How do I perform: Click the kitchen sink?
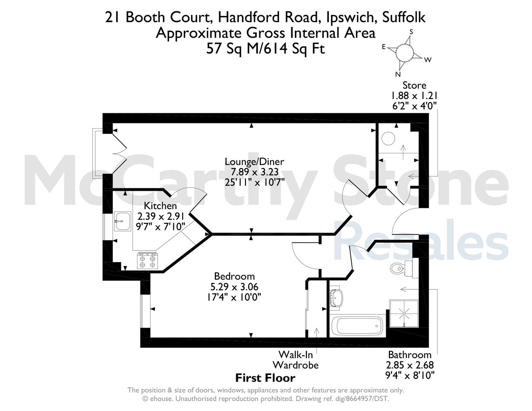[122, 221]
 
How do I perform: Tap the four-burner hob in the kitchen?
[147, 261]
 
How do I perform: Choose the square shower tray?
[404, 314]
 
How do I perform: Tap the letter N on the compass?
[398, 74]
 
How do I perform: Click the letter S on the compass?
[411, 32]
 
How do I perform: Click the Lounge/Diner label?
[254, 162]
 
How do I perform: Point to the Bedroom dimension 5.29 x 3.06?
[234, 287]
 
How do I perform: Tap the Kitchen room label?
[160, 206]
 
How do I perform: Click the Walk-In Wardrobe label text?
[296, 360]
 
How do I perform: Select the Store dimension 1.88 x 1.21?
[413, 96]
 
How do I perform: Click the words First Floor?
[265, 378]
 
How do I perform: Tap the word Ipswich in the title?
[351, 18]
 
